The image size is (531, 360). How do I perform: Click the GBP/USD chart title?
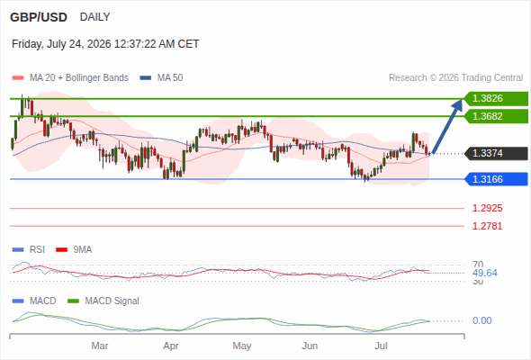point(39,17)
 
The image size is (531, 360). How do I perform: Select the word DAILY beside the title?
point(94,17)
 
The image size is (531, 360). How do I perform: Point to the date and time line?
point(105,44)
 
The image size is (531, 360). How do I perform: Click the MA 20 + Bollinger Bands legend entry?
point(70,78)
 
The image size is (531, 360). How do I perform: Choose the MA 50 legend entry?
point(161,78)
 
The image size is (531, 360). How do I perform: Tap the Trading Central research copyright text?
point(455,78)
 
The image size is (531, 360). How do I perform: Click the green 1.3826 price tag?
point(496,99)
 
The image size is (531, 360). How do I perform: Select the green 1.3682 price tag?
point(496,116)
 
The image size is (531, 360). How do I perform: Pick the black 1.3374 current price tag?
point(496,153)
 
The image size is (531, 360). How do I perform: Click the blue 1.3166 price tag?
point(496,179)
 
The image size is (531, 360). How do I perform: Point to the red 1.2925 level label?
point(487,208)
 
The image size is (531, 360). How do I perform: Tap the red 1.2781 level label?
point(487,226)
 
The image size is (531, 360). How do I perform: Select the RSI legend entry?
point(29,250)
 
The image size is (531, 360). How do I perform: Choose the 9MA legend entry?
point(74,250)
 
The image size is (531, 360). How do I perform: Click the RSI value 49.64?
point(485,273)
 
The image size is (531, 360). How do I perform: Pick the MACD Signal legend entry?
point(103,301)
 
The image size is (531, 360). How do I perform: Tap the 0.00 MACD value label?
point(481,320)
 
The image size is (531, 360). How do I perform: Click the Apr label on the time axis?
point(171,346)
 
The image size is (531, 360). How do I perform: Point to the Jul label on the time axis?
point(381,346)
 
